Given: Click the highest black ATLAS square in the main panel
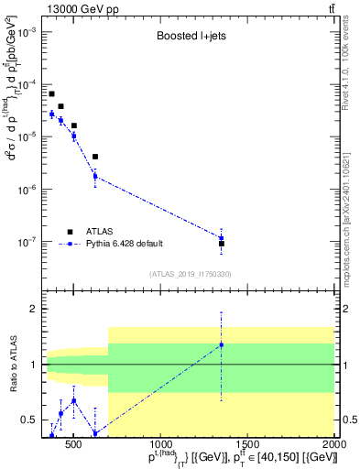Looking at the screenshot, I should tap(52, 93).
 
